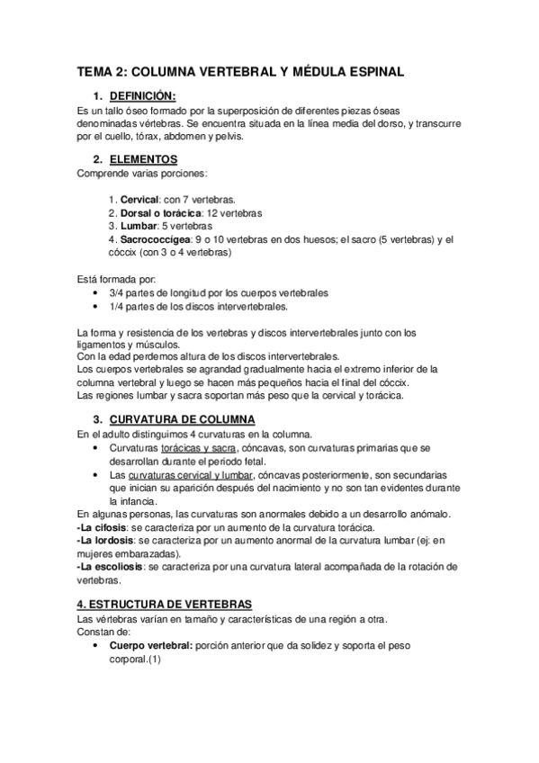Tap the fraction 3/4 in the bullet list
tap(116, 293)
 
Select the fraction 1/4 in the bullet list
tap(116, 307)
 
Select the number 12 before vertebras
tap(212, 213)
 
